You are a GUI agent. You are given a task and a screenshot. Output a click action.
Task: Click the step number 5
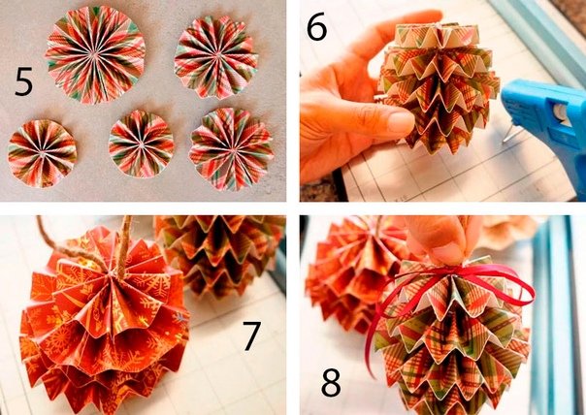click(24, 81)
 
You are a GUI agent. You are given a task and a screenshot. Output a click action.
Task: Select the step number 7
click(251, 335)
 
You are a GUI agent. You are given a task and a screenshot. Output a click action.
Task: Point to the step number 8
click(331, 382)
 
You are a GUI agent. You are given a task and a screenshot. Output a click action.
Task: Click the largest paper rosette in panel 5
click(95, 54)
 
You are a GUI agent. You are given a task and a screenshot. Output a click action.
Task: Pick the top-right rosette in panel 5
click(216, 57)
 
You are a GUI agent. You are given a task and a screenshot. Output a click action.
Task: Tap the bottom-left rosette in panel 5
click(42, 153)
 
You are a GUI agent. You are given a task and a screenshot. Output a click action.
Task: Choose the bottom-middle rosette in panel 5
click(142, 144)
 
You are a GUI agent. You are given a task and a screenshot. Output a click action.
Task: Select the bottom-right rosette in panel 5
click(231, 149)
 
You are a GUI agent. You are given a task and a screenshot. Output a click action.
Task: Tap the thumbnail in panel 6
click(401, 122)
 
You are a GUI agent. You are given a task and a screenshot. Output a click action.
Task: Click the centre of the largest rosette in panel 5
click(93, 54)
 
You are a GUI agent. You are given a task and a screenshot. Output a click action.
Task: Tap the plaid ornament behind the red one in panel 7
click(220, 254)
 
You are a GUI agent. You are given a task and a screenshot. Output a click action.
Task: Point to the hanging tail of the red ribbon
click(371, 343)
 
